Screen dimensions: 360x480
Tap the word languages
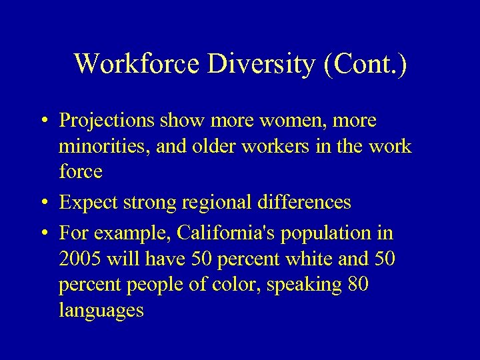(x=101, y=311)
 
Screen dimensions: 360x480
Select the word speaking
(x=305, y=285)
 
